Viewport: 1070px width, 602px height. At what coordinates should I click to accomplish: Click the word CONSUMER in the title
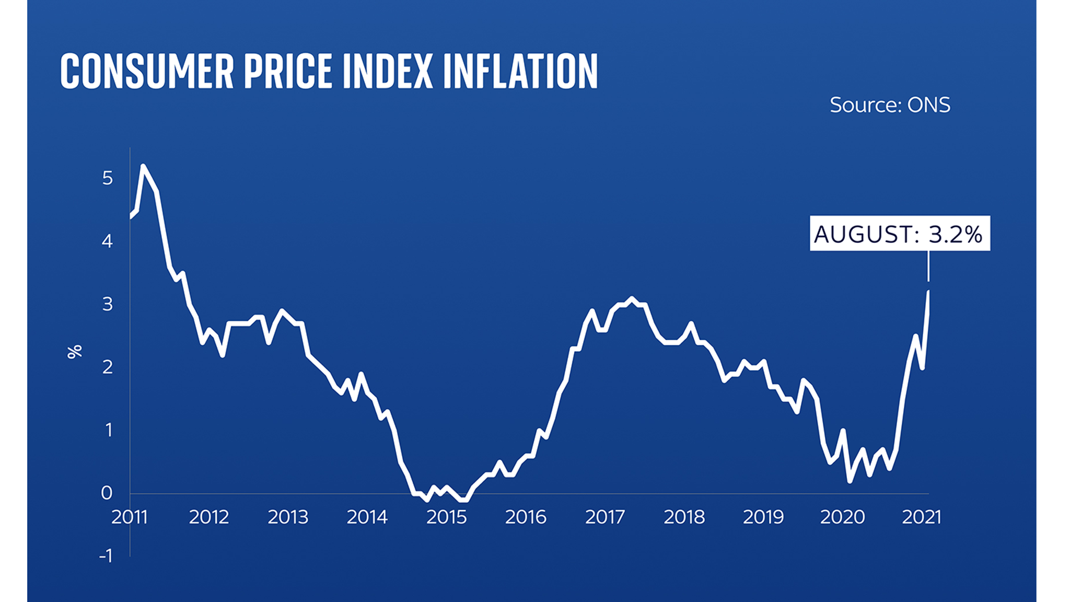point(147,72)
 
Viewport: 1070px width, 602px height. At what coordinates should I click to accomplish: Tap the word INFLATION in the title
point(520,72)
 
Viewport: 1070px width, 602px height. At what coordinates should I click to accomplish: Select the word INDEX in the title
point(388,72)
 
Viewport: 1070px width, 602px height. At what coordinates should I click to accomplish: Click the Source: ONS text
point(890,105)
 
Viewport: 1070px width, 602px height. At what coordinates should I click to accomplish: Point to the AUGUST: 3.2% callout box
point(899,234)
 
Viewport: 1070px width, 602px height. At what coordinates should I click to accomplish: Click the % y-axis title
point(75,352)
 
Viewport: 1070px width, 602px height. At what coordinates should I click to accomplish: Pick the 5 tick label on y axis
point(107,178)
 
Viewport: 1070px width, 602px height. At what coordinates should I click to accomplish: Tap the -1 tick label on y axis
point(106,555)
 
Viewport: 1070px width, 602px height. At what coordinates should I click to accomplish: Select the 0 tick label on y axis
point(107,492)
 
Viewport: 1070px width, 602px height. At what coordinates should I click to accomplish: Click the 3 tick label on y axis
point(107,304)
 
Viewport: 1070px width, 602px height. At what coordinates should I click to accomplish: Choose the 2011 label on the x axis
point(130,517)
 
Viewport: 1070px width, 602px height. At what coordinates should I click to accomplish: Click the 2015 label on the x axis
point(446,517)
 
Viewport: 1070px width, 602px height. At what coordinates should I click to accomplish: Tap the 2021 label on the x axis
point(922,517)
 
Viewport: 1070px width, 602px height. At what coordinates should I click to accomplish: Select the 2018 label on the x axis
point(684,517)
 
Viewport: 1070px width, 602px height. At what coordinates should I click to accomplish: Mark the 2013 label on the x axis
point(288,517)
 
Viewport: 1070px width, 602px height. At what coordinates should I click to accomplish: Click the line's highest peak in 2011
point(143,166)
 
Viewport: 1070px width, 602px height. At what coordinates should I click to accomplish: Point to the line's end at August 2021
point(928,292)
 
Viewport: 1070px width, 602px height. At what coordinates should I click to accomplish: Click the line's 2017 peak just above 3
point(632,298)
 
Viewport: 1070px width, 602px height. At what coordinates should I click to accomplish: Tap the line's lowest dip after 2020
point(850,481)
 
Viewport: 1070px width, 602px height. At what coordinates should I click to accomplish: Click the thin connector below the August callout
point(928,267)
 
